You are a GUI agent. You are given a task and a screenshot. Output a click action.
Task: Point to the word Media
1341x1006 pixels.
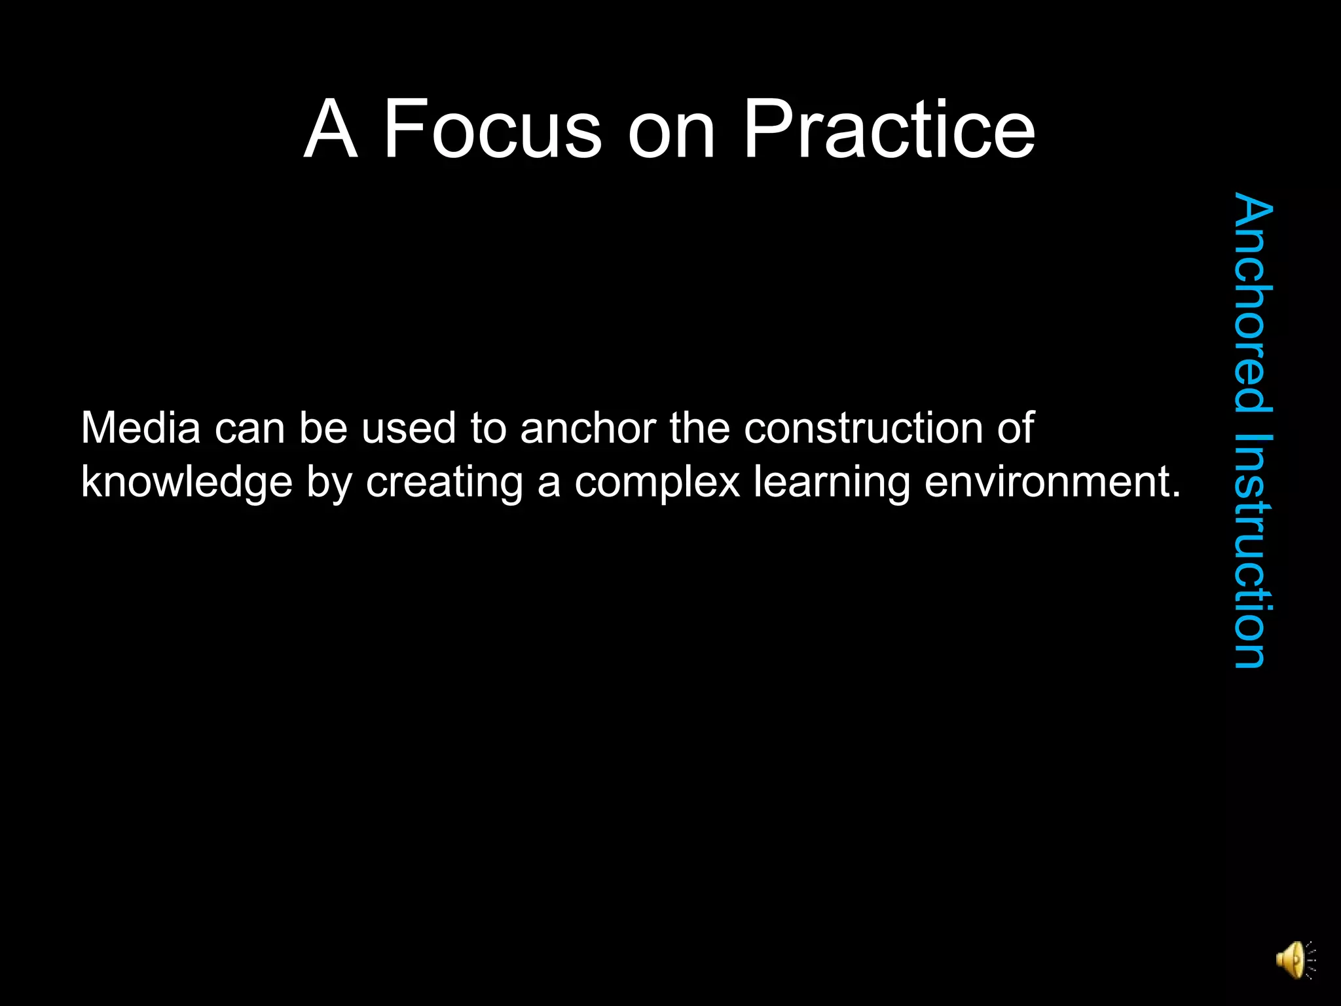(141, 428)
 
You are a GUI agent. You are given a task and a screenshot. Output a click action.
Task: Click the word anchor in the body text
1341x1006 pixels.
(588, 428)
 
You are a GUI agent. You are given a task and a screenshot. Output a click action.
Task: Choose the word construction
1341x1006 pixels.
(863, 428)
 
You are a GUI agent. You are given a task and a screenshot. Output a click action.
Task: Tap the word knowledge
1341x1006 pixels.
(187, 483)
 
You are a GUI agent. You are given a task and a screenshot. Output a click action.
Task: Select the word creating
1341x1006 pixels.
(445, 483)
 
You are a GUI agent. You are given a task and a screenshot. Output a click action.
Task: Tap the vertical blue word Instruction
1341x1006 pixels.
(1252, 551)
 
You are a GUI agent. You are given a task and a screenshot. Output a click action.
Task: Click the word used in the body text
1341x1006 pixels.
(409, 428)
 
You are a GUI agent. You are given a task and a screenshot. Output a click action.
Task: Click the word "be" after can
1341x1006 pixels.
(323, 428)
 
